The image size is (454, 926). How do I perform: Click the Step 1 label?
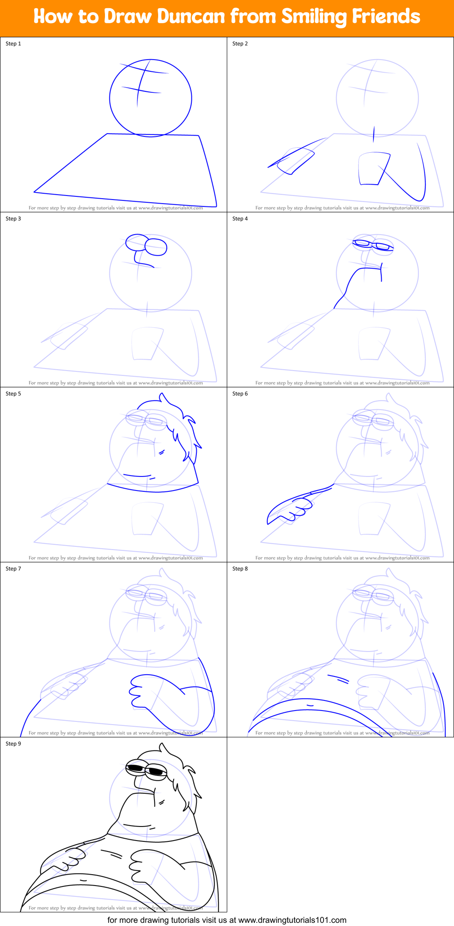click(13, 44)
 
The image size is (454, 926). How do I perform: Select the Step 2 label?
click(240, 44)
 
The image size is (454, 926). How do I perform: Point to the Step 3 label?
click(13, 219)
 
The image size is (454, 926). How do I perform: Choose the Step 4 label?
click(240, 219)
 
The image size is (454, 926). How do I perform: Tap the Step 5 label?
click(13, 394)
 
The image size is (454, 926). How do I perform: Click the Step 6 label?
click(240, 394)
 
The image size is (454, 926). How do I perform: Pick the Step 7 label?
click(13, 569)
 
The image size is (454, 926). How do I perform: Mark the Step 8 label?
click(240, 569)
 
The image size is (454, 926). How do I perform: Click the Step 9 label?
click(13, 744)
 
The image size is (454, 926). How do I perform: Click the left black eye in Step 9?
click(135, 768)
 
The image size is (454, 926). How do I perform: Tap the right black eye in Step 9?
click(156, 771)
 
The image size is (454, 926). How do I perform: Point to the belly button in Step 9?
click(83, 881)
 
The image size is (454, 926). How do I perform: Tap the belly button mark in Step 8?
click(310, 705)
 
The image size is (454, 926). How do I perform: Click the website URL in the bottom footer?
click(292, 920)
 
